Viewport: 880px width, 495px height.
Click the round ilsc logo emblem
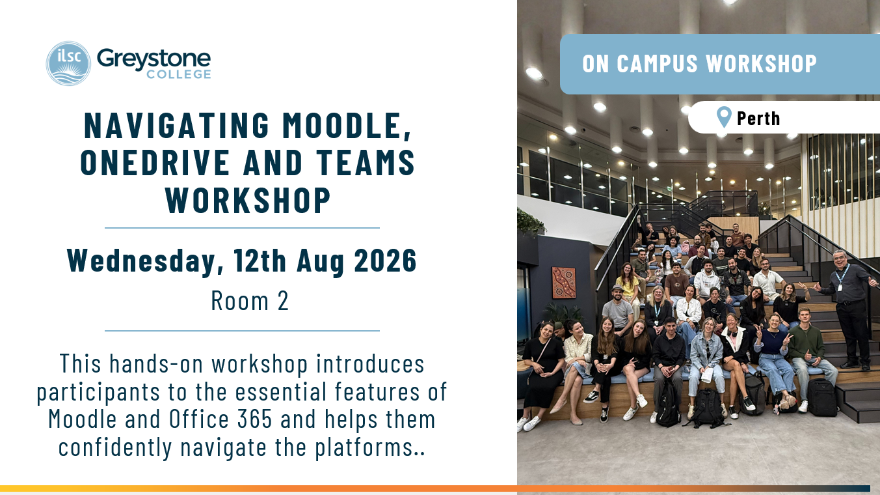(x=68, y=63)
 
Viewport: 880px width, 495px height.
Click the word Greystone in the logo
(x=153, y=60)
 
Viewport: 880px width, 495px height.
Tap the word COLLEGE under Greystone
(x=179, y=74)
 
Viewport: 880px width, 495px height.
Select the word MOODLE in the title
(x=347, y=126)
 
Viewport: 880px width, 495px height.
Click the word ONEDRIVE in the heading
(x=155, y=162)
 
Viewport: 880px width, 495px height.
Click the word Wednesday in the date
(x=145, y=261)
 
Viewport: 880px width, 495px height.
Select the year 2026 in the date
(x=386, y=260)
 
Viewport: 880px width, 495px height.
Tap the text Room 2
(x=250, y=301)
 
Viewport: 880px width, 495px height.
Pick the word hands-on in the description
(x=156, y=363)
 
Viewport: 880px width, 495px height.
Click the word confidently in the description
(x=115, y=448)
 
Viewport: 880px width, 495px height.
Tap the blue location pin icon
(x=724, y=117)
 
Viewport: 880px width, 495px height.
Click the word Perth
(x=758, y=119)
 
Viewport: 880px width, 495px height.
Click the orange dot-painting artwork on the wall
(x=564, y=283)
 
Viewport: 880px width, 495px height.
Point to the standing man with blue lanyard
(x=849, y=309)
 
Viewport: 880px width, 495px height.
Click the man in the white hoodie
(x=706, y=280)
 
